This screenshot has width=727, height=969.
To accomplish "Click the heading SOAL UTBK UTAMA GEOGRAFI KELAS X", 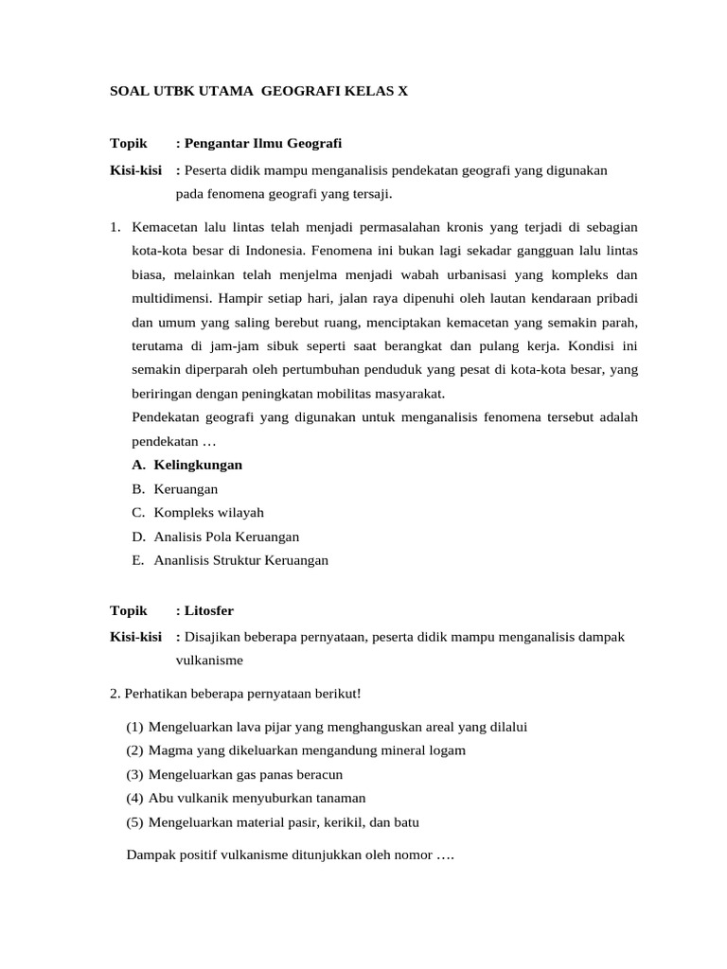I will coord(259,91).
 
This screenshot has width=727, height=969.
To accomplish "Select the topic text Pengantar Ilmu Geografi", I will coord(263,143).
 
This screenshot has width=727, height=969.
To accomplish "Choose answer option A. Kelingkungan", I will coord(187,465).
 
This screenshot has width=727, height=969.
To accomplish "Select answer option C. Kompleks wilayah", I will coord(198,512).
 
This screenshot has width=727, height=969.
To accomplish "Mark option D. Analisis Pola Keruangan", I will coord(215,536).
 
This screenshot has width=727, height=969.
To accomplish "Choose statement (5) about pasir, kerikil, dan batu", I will coord(273,821).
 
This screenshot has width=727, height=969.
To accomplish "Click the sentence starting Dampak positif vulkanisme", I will coord(291,854).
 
